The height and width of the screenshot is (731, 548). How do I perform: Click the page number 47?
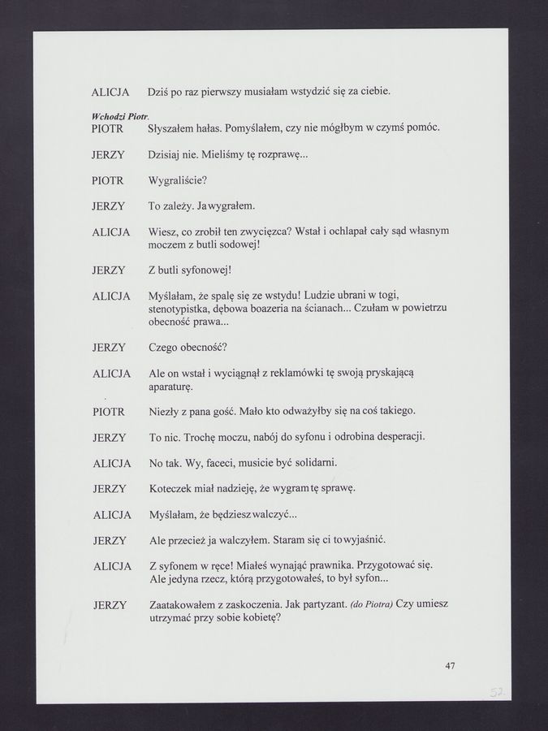point(450,666)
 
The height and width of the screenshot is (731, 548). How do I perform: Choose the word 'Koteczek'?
point(173,489)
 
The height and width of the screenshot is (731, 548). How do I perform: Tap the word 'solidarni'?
point(314,463)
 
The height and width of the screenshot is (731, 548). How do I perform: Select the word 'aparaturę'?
point(173,387)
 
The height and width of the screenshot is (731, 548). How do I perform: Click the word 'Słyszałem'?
point(172,128)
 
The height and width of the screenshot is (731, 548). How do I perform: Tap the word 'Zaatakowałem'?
point(187,605)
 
